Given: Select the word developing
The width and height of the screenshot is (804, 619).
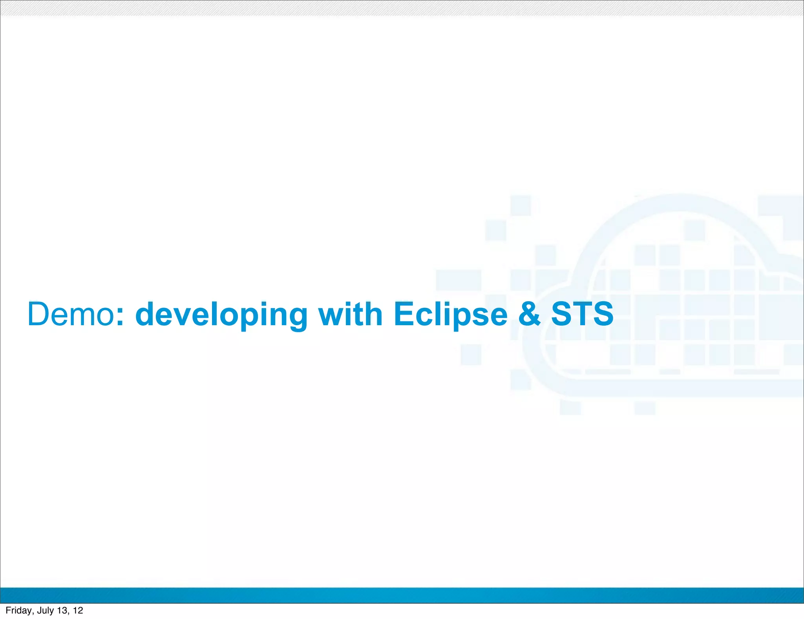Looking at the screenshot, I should click(x=221, y=315).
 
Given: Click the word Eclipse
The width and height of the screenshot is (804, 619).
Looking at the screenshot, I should click(x=450, y=315).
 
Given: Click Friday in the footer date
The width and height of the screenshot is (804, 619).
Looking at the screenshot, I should click(x=18, y=610).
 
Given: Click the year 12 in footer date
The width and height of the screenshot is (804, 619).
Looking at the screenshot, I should click(x=78, y=610).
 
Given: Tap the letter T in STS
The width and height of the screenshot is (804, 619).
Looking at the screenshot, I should click(x=582, y=314).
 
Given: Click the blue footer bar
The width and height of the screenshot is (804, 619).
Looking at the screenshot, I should click(x=402, y=595).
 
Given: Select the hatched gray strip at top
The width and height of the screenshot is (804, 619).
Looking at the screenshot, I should click(x=402, y=8).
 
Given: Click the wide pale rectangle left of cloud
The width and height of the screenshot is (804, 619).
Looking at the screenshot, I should click(x=459, y=280).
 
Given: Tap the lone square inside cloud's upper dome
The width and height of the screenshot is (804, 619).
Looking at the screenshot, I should click(x=694, y=230).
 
